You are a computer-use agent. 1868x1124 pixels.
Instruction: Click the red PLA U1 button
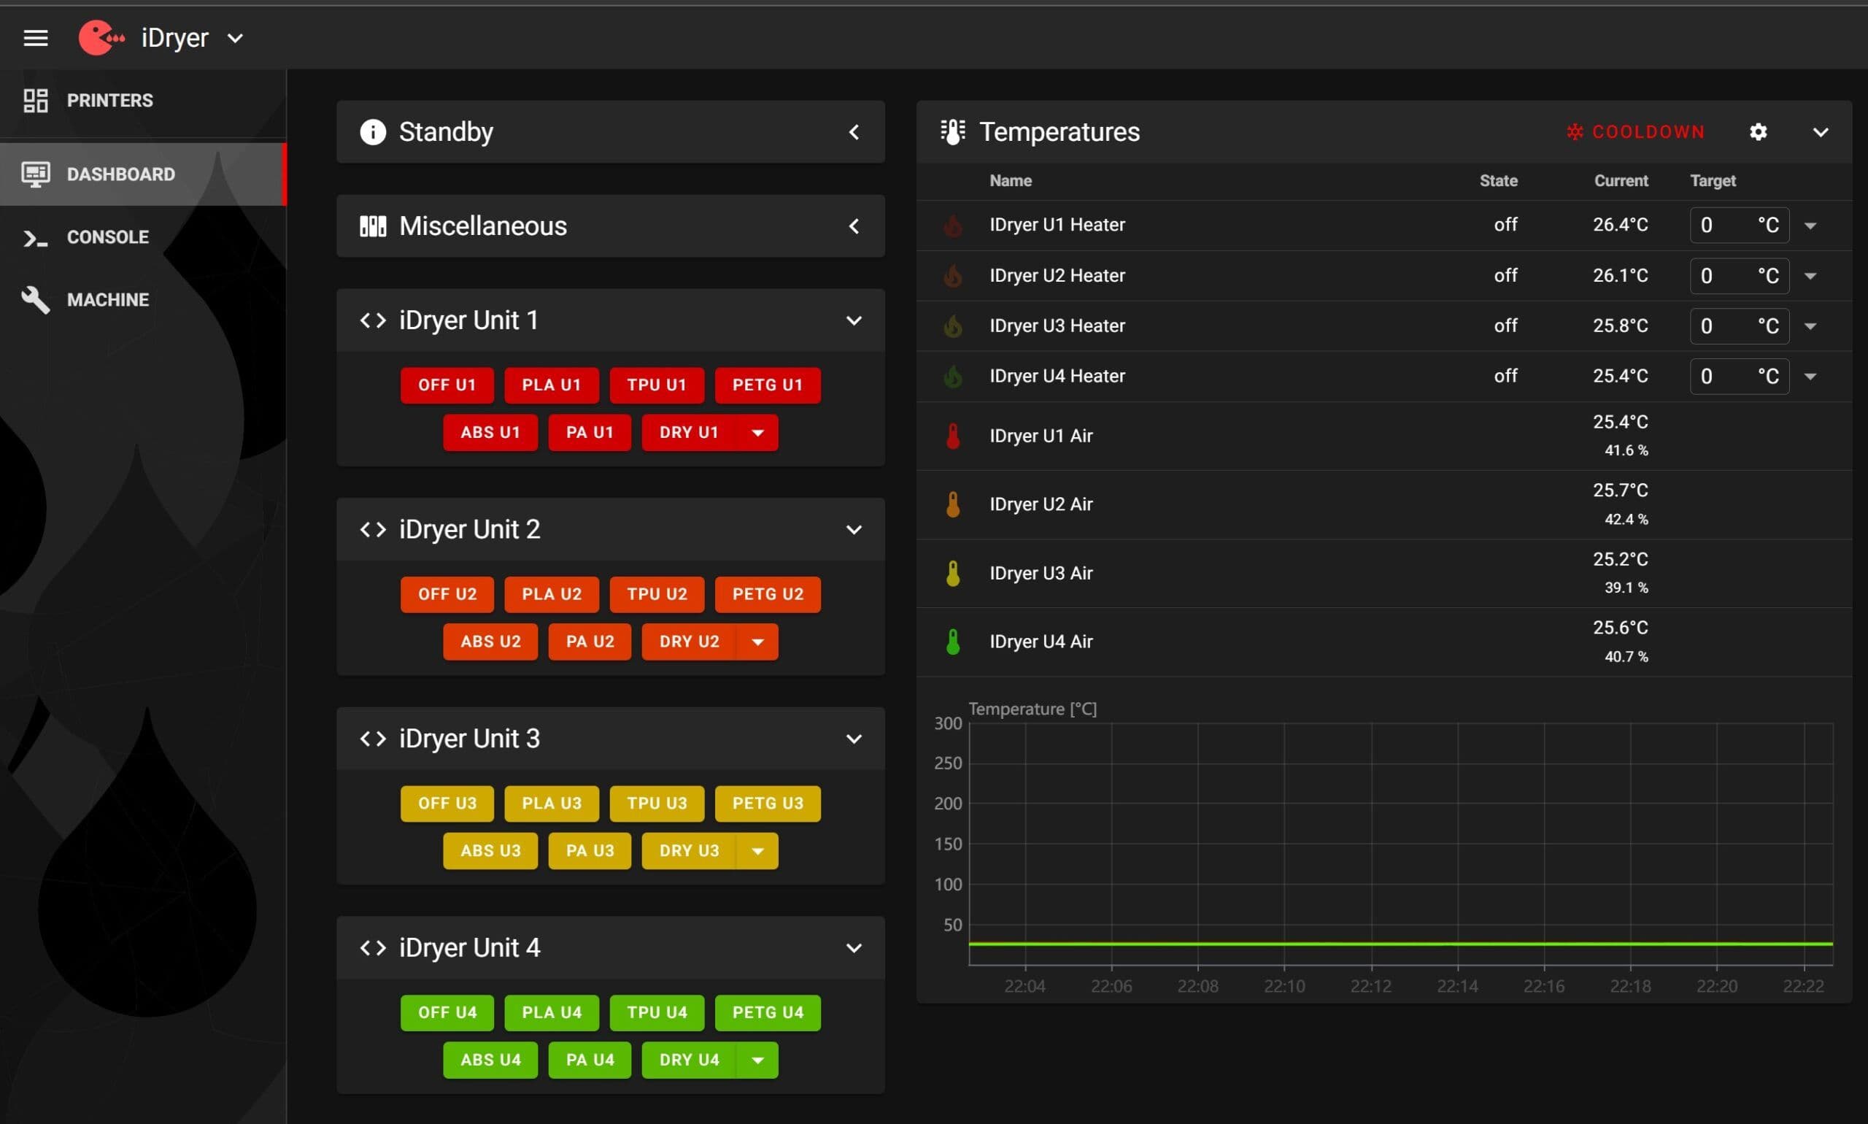[x=551, y=385]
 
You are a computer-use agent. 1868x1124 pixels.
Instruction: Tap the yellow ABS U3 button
[x=490, y=850]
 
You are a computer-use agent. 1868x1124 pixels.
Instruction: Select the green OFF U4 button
[x=447, y=1012]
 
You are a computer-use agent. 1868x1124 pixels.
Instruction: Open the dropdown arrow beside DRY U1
[x=757, y=433]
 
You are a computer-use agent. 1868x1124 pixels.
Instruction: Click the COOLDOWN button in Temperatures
[x=1635, y=132]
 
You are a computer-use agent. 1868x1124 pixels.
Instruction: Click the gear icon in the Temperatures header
[x=1759, y=132]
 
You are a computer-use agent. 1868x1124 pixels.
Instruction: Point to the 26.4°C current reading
[x=1621, y=225]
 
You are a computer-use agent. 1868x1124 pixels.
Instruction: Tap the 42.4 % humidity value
[x=1626, y=519]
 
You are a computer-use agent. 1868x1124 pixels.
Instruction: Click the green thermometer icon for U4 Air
[x=953, y=642]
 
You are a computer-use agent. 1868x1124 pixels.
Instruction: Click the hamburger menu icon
[x=36, y=38]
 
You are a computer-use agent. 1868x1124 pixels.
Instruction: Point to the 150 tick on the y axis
[x=948, y=844]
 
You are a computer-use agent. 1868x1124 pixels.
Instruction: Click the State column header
[x=1499, y=180]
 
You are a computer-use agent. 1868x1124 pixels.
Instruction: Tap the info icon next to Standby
[x=373, y=132]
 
